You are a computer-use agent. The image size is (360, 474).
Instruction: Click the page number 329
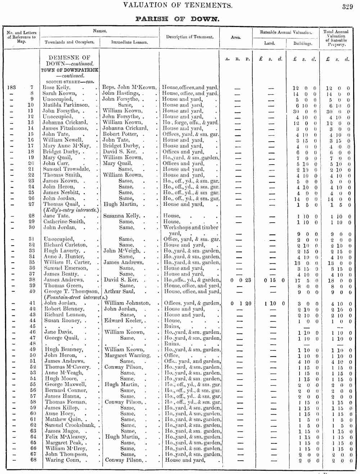(x=347, y=6)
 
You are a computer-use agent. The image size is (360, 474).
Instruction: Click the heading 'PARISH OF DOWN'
(x=177, y=19)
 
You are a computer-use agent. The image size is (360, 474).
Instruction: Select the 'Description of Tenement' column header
(x=190, y=37)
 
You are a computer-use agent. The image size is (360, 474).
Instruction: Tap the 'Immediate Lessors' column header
(x=129, y=42)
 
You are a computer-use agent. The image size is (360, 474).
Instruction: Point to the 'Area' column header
(x=236, y=37)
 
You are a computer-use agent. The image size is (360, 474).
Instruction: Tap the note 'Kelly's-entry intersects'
(x=71, y=210)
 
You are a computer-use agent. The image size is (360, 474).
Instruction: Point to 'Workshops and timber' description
(x=191, y=227)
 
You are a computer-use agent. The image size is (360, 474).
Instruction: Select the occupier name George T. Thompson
(x=71, y=291)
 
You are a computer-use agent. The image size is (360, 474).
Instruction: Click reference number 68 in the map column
(x=33, y=460)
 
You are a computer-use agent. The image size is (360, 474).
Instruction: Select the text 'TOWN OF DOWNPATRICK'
(x=69, y=70)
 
